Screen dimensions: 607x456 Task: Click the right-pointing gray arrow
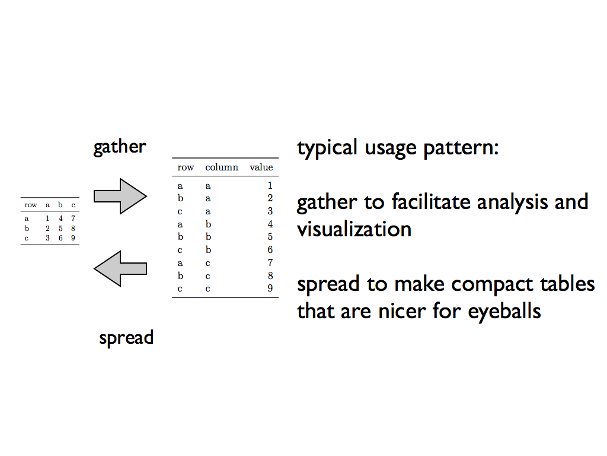click(x=120, y=196)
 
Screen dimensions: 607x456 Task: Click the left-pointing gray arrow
click(x=120, y=269)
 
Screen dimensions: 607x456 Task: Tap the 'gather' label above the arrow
click(x=120, y=147)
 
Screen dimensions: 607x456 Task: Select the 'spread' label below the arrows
click(x=126, y=338)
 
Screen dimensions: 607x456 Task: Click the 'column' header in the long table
click(x=222, y=167)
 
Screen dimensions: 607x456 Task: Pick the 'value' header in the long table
click(x=261, y=167)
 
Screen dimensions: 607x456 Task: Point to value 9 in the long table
click(x=270, y=288)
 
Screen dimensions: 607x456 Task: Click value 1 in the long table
click(x=270, y=185)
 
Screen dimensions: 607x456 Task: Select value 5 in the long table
click(x=270, y=236)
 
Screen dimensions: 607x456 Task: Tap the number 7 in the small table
click(x=73, y=218)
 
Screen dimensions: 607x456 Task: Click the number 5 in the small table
click(x=60, y=229)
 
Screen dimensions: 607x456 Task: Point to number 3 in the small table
click(x=47, y=238)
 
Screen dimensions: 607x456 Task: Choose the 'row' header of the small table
click(x=31, y=205)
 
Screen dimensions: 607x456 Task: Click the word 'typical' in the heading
click(x=327, y=148)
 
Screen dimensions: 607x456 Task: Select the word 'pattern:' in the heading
click(x=461, y=148)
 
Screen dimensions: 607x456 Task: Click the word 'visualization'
click(x=354, y=229)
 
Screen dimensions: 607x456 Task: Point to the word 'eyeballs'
click(x=504, y=312)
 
